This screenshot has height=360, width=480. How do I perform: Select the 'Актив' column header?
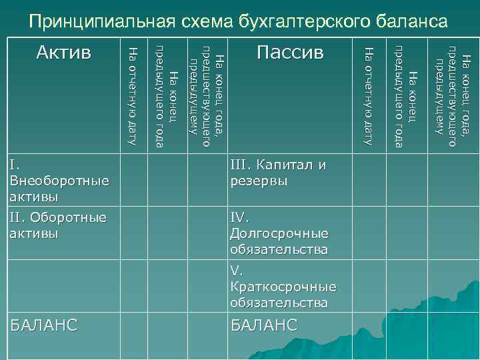pos(64,52)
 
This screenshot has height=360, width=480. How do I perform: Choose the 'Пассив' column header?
pos(290,52)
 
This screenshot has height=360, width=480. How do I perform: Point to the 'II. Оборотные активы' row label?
pos(58,225)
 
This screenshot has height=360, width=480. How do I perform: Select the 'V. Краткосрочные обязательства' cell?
pos(283,287)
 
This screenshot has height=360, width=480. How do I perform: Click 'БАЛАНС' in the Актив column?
pos(44,325)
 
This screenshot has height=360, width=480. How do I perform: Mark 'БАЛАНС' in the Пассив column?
pos(263,325)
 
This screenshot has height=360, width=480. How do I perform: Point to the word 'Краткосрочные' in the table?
pos(283,287)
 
